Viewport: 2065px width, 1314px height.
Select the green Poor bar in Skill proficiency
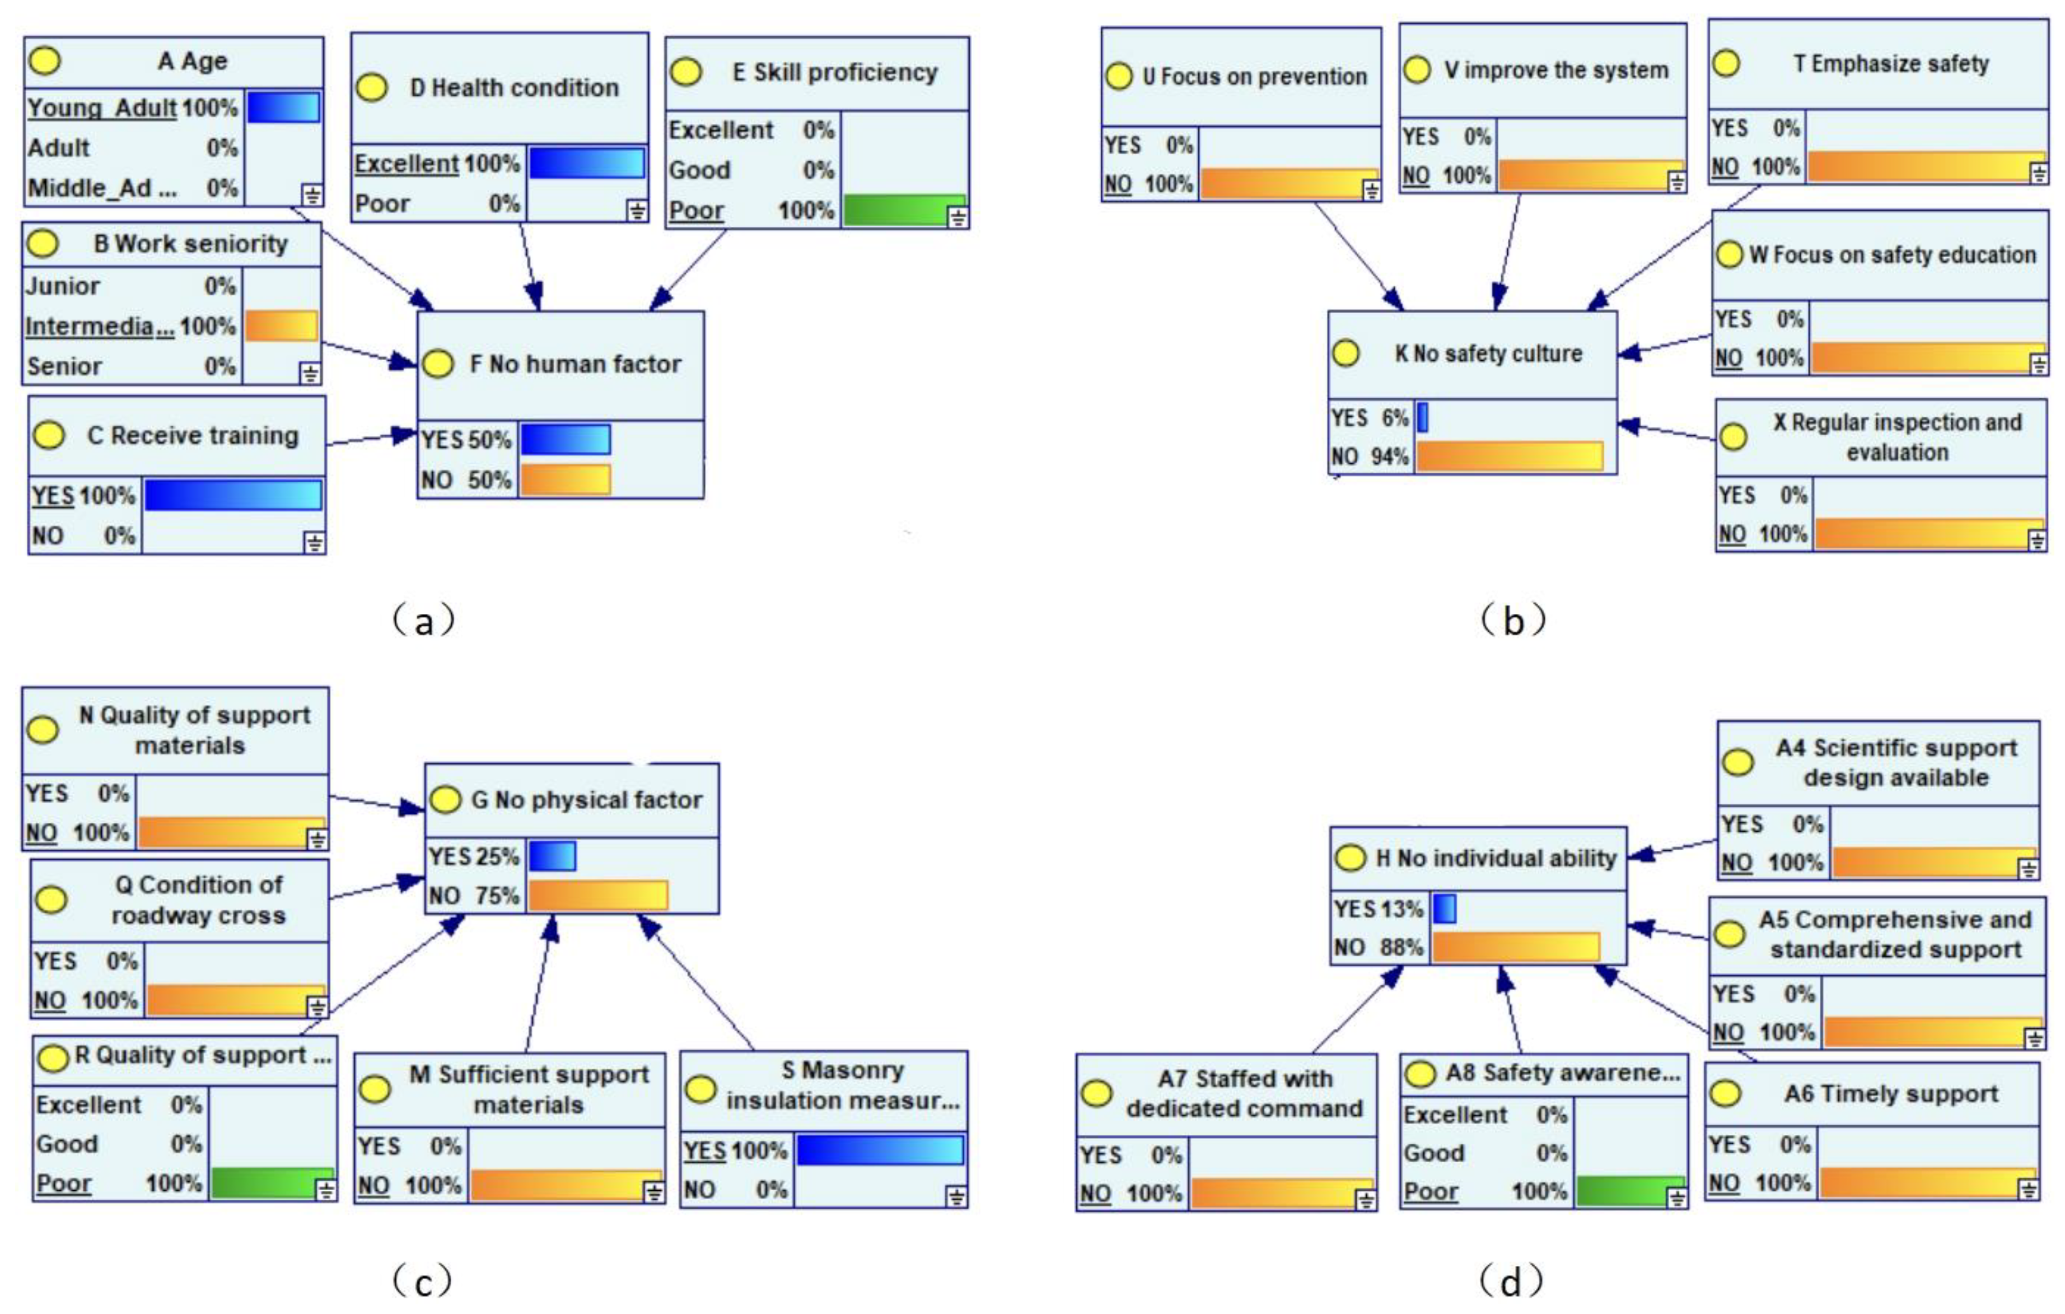tap(904, 210)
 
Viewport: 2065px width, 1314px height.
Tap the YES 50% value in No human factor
tap(466, 440)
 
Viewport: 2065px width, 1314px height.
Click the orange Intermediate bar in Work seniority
tap(281, 326)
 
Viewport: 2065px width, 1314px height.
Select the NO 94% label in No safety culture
tap(1370, 457)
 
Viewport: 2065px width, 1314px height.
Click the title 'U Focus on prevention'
tap(1254, 76)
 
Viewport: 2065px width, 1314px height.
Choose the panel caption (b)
tap(1513, 619)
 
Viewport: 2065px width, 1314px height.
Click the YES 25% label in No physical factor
tap(473, 857)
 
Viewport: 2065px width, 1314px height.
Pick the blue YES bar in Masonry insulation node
tap(879, 1150)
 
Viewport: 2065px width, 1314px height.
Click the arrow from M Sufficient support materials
tap(539, 986)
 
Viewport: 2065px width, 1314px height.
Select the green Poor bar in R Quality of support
tap(272, 1183)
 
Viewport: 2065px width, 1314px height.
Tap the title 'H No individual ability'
tap(1495, 859)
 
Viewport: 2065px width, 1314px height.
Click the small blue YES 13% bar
tap(1444, 909)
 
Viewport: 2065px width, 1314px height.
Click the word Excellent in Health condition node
tap(407, 163)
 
